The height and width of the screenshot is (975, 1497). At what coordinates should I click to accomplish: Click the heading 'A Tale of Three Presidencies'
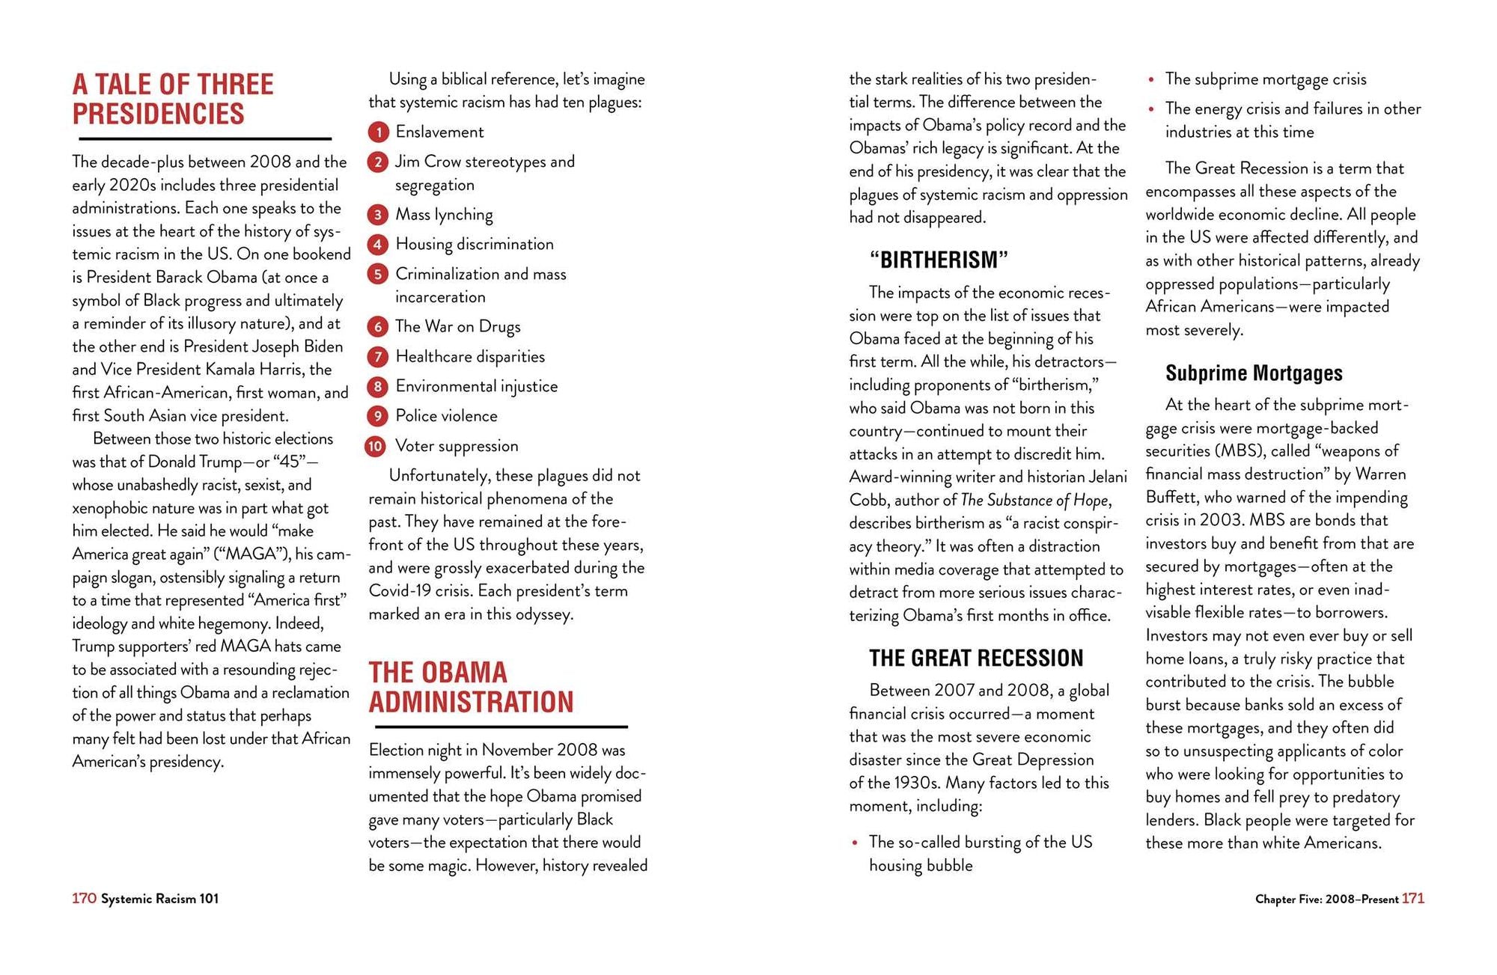click(173, 99)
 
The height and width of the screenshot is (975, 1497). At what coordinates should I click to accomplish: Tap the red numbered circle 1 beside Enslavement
click(378, 132)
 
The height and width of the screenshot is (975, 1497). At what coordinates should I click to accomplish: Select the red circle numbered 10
click(376, 447)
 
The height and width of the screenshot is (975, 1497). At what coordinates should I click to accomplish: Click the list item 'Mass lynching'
click(444, 215)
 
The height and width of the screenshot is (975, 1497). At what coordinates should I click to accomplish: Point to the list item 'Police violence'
click(446, 416)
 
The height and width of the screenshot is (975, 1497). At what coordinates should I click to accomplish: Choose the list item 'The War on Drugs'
click(457, 326)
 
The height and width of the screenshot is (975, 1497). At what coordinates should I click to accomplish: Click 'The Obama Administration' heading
click(471, 687)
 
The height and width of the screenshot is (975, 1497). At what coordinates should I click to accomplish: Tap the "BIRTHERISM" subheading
click(939, 260)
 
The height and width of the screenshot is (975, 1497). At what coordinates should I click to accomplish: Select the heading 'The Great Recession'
click(975, 658)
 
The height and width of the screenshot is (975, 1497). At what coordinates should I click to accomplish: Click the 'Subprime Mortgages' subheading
click(1254, 373)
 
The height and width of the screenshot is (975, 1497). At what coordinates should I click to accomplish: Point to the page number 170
click(84, 898)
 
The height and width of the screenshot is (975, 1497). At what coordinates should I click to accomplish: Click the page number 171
click(1413, 898)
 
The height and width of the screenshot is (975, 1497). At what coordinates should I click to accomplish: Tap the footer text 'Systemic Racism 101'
click(160, 899)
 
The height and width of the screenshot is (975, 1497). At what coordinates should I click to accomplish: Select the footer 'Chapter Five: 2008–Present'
click(1326, 899)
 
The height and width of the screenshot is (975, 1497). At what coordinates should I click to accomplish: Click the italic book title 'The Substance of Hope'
click(1034, 500)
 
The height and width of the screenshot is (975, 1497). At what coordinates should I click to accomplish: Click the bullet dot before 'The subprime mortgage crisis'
click(1151, 79)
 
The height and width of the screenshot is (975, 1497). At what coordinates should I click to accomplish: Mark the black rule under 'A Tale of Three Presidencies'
click(205, 139)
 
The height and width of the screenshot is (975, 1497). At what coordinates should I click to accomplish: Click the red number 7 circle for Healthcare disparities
click(378, 357)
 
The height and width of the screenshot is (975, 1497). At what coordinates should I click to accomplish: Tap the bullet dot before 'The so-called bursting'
click(855, 843)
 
